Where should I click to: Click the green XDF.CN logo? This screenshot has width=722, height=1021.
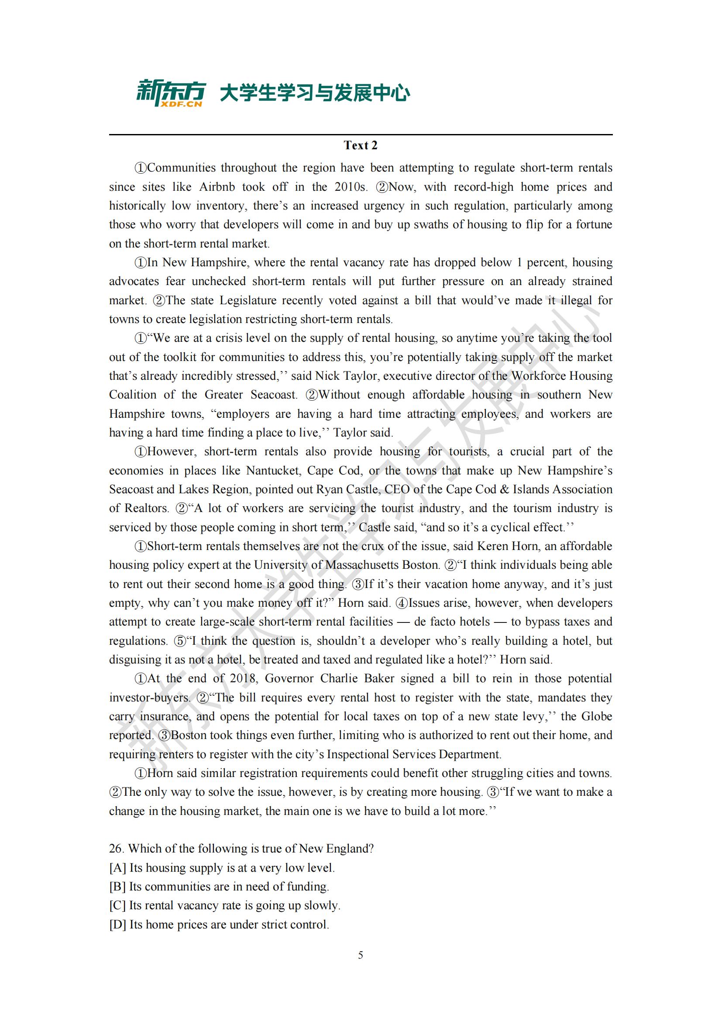click(x=171, y=93)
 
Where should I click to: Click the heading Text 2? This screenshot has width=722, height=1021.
click(x=361, y=145)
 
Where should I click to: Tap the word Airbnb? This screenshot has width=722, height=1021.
click(x=217, y=187)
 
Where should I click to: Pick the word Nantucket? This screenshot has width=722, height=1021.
click(x=272, y=471)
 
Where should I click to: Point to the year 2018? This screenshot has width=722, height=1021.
click(x=243, y=679)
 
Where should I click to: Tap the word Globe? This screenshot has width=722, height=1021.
click(x=597, y=716)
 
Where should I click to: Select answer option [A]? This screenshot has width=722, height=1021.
click(x=118, y=868)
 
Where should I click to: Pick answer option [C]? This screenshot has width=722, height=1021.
click(x=118, y=905)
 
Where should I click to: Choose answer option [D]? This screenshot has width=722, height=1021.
click(x=118, y=925)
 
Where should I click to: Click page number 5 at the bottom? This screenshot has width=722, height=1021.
click(x=361, y=955)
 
